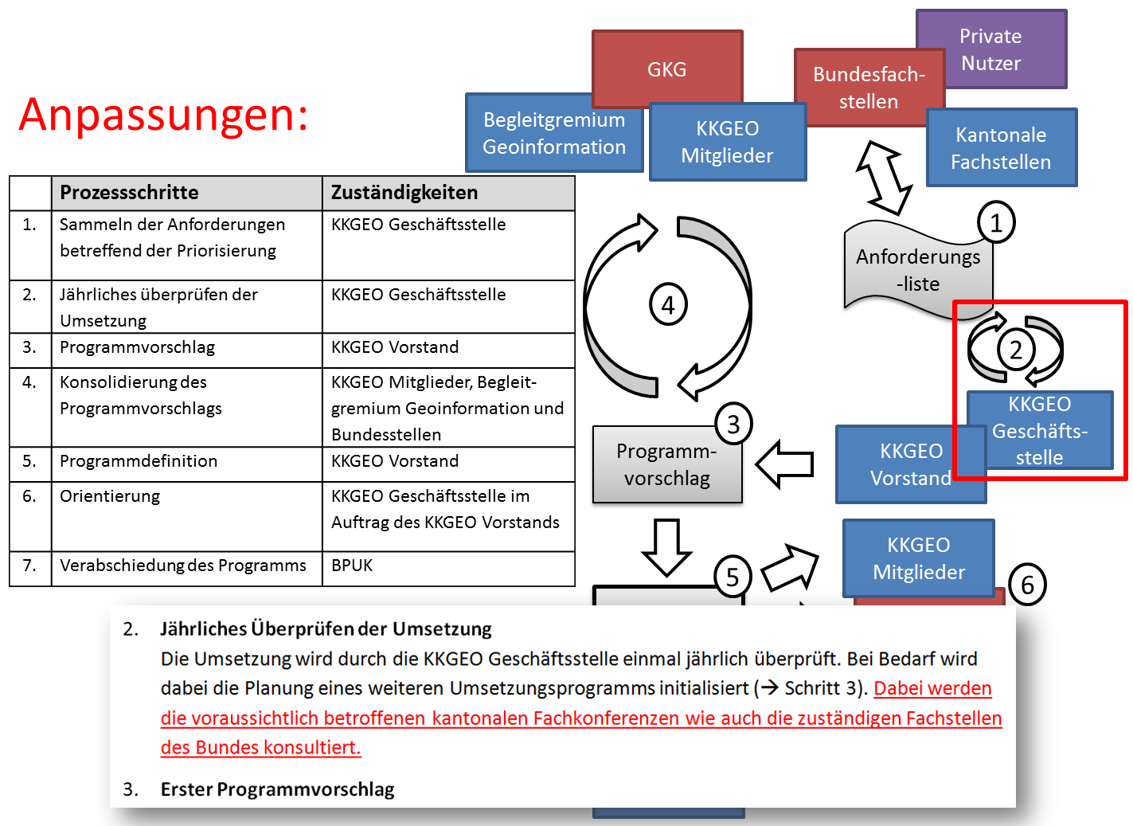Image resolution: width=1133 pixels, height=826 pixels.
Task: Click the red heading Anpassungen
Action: [x=163, y=115]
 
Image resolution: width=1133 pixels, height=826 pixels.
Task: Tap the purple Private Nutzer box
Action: [x=990, y=49]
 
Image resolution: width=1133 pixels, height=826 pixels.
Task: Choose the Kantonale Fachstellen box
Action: [x=1001, y=148]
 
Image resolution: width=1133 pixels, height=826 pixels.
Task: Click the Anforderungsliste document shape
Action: [x=917, y=271]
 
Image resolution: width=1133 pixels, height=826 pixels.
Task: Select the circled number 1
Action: [x=995, y=223]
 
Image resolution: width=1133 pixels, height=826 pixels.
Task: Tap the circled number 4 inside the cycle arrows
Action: [x=668, y=305]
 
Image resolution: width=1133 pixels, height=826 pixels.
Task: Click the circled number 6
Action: [x=1027, y=585]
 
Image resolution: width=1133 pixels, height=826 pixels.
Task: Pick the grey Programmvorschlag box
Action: [x=666, y=465]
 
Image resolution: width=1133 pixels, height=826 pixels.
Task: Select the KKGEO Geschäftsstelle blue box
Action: [x=1039, y=430]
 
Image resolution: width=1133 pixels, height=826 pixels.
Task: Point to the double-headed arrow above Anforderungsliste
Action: [x=883, y=178]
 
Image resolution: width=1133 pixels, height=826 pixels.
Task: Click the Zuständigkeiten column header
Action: [x=404, y=193]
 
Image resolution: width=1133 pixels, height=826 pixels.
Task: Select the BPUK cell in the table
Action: [x=352, y=566]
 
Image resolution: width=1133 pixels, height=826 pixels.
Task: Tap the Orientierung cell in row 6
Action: [x=110, y=496]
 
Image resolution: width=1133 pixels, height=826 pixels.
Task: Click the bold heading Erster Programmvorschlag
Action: [x=277, y=789]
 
